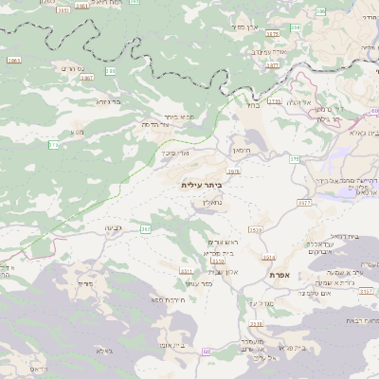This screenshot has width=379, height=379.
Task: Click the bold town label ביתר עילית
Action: tap(200, 186)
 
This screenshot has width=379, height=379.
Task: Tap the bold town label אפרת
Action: tap(279, 275)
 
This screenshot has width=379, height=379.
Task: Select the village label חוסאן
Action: tap(241, 151)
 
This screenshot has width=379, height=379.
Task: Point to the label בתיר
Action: tap(252, 107)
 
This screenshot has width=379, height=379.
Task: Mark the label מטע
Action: tap(77, 133)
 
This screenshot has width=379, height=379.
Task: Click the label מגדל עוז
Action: tap(259, 303)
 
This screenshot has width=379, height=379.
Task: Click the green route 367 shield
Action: tap(146, 229)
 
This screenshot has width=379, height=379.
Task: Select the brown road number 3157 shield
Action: tap(366, 292)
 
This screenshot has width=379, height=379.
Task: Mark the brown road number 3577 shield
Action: tap(304, 203)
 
